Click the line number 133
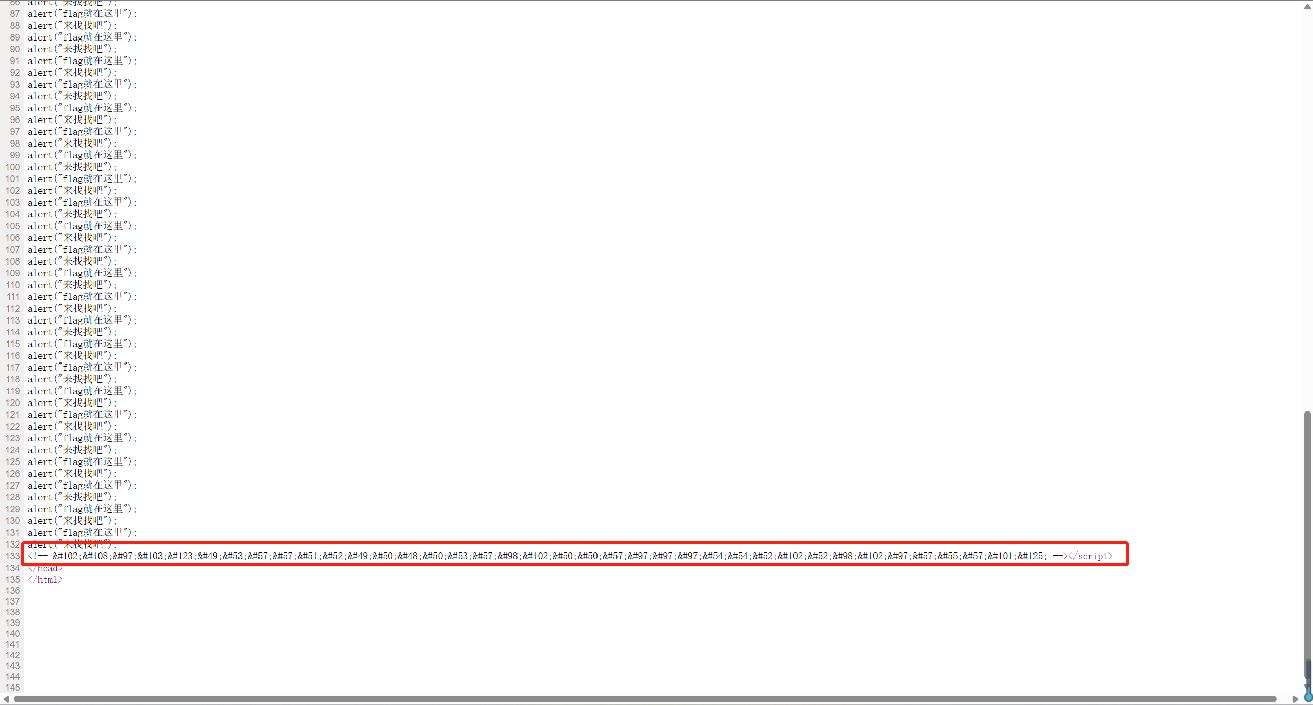pos(13,556)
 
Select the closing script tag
pos(1090,556)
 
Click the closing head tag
pos(45,568)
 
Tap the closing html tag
pos(45,580)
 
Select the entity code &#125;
pos(1030,556)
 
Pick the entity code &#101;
pos(1001,556)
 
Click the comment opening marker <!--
pos(38,556)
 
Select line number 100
pos(13,167)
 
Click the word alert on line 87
pos(40,14)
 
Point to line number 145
pos(13,688)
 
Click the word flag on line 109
pos(73,273)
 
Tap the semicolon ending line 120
pos(115,403)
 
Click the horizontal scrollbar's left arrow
pos(6,699)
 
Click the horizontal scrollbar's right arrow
pos(1295,699)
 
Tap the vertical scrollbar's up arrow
pos(1307,6)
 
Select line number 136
pos(13,591)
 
